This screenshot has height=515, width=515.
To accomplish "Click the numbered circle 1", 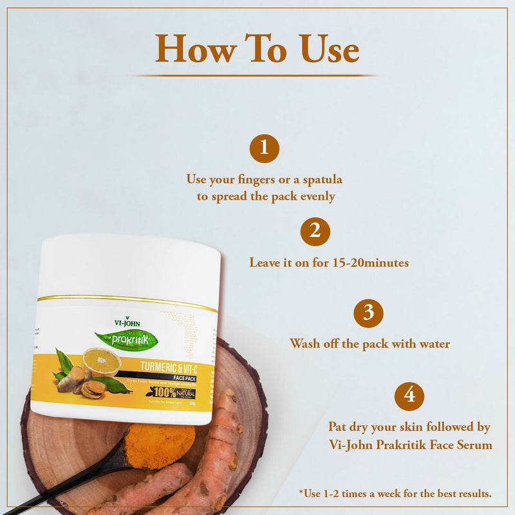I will pos(265,149).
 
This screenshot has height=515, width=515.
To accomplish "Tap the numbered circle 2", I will pos(315,232).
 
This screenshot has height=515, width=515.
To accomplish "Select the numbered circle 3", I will pos(369,314).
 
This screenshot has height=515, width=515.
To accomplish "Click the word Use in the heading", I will pos(329,49).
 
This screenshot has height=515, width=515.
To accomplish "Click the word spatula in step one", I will pos(320,178).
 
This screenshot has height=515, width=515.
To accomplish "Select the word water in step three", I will pos(432,344).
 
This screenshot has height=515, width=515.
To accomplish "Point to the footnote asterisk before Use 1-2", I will pos(301,493).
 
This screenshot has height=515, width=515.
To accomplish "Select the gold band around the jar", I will pos(129,299).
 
